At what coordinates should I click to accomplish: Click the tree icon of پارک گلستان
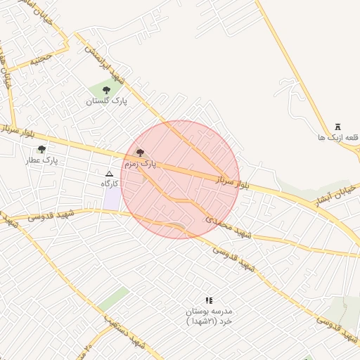click(x=106, y=90)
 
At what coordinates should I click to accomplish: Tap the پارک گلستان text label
click(x=108, y=102)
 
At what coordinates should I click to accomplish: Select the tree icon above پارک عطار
click(x=42, y=149)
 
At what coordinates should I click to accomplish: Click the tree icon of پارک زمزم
click(x=140, y=152)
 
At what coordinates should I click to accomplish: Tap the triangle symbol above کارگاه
click(x=109, y=174)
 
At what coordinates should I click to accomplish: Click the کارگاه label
click(x=110, y=184)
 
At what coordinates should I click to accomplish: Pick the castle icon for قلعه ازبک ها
click(x=338, y=127)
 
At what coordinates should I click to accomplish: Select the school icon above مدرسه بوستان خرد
click(x=208, y=300)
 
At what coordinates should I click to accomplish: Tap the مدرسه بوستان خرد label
click(x=209, y=315)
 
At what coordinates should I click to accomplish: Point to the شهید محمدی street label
click(x=228, y=227)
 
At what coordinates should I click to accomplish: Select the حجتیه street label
click(x=40, y=60)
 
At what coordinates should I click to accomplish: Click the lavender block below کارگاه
click(x=112, y=198)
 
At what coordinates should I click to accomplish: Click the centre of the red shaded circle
click(x=180, y=179)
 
